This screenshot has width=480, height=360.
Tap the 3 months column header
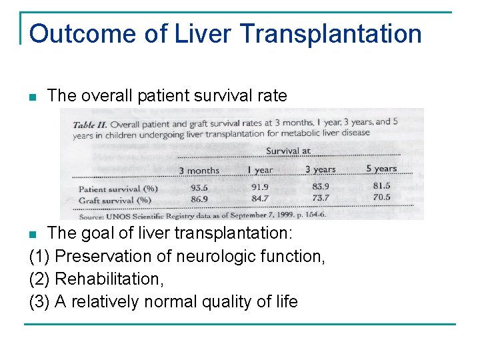coord(199,171)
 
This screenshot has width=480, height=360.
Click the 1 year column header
coord(259,170)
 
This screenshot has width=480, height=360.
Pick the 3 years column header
coord(320,169)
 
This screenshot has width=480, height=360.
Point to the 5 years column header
coord(381,169)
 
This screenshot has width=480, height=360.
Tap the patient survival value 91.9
coord(259,188)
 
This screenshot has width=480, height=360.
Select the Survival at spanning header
coord(288,151)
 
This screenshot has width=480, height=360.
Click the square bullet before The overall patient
coord(33,97)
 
